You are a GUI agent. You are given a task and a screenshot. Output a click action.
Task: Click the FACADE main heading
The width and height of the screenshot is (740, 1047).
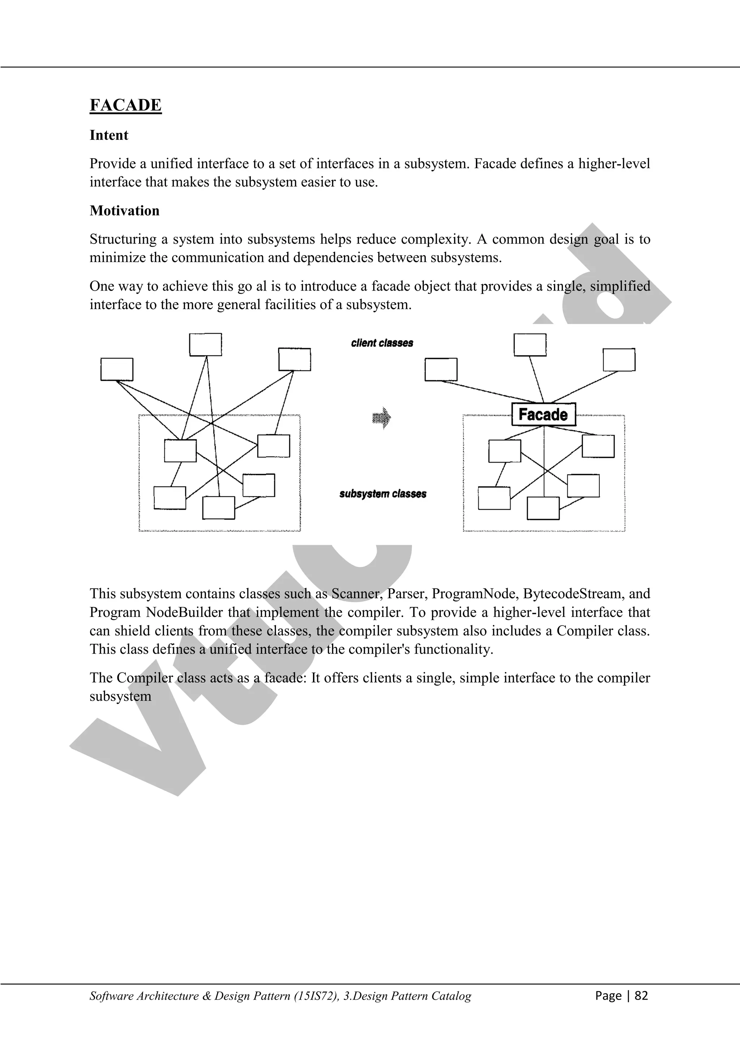tap(125, 105)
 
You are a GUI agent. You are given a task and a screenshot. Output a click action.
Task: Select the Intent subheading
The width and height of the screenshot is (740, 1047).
tap(109, 136)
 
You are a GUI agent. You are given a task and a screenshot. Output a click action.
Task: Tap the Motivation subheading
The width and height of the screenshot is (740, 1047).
tap(124, 211)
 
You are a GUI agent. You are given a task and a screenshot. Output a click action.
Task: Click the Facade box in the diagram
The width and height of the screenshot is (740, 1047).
tap(543, 415)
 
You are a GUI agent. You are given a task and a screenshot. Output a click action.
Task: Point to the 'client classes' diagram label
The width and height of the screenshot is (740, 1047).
tap(382, 343)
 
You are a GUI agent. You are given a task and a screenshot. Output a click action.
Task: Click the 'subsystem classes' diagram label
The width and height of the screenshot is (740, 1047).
tap(383, 494)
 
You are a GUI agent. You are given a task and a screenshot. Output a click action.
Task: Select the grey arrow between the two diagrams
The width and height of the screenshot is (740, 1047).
tap(382, 417)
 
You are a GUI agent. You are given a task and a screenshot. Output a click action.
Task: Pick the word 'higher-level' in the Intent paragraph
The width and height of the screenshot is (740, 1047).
tap(614, 163)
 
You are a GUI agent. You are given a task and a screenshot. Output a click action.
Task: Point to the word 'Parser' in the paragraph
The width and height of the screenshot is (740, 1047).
tap(407, 594)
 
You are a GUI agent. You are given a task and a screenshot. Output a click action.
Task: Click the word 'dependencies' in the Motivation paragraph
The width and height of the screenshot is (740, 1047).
tap(332, 258)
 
